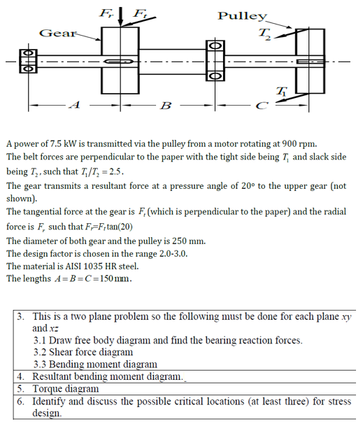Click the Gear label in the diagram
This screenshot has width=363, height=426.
tap(53, 33)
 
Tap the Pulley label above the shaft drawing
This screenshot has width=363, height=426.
tap(242, 15)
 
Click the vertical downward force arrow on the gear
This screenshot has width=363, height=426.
tap(122, 15)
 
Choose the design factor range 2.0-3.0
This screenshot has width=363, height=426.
tap(165, 253)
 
